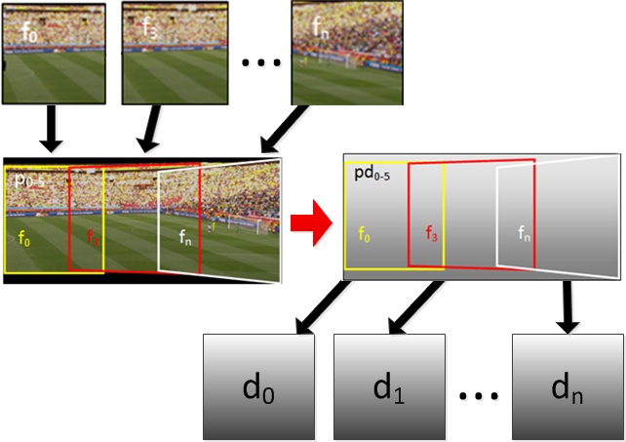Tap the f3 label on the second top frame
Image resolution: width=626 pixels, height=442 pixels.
coord(149,28)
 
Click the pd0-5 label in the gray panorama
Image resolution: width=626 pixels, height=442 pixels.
coord(369,176)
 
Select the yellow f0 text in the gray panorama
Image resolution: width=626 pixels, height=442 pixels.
coord(363,235)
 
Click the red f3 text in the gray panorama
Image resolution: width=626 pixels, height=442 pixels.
coord(430,233)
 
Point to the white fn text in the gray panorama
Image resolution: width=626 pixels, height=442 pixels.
coord(524,234)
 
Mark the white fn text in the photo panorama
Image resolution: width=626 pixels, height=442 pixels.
coord(186,235)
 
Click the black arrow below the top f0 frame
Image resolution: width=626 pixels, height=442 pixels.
coord(51,131)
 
